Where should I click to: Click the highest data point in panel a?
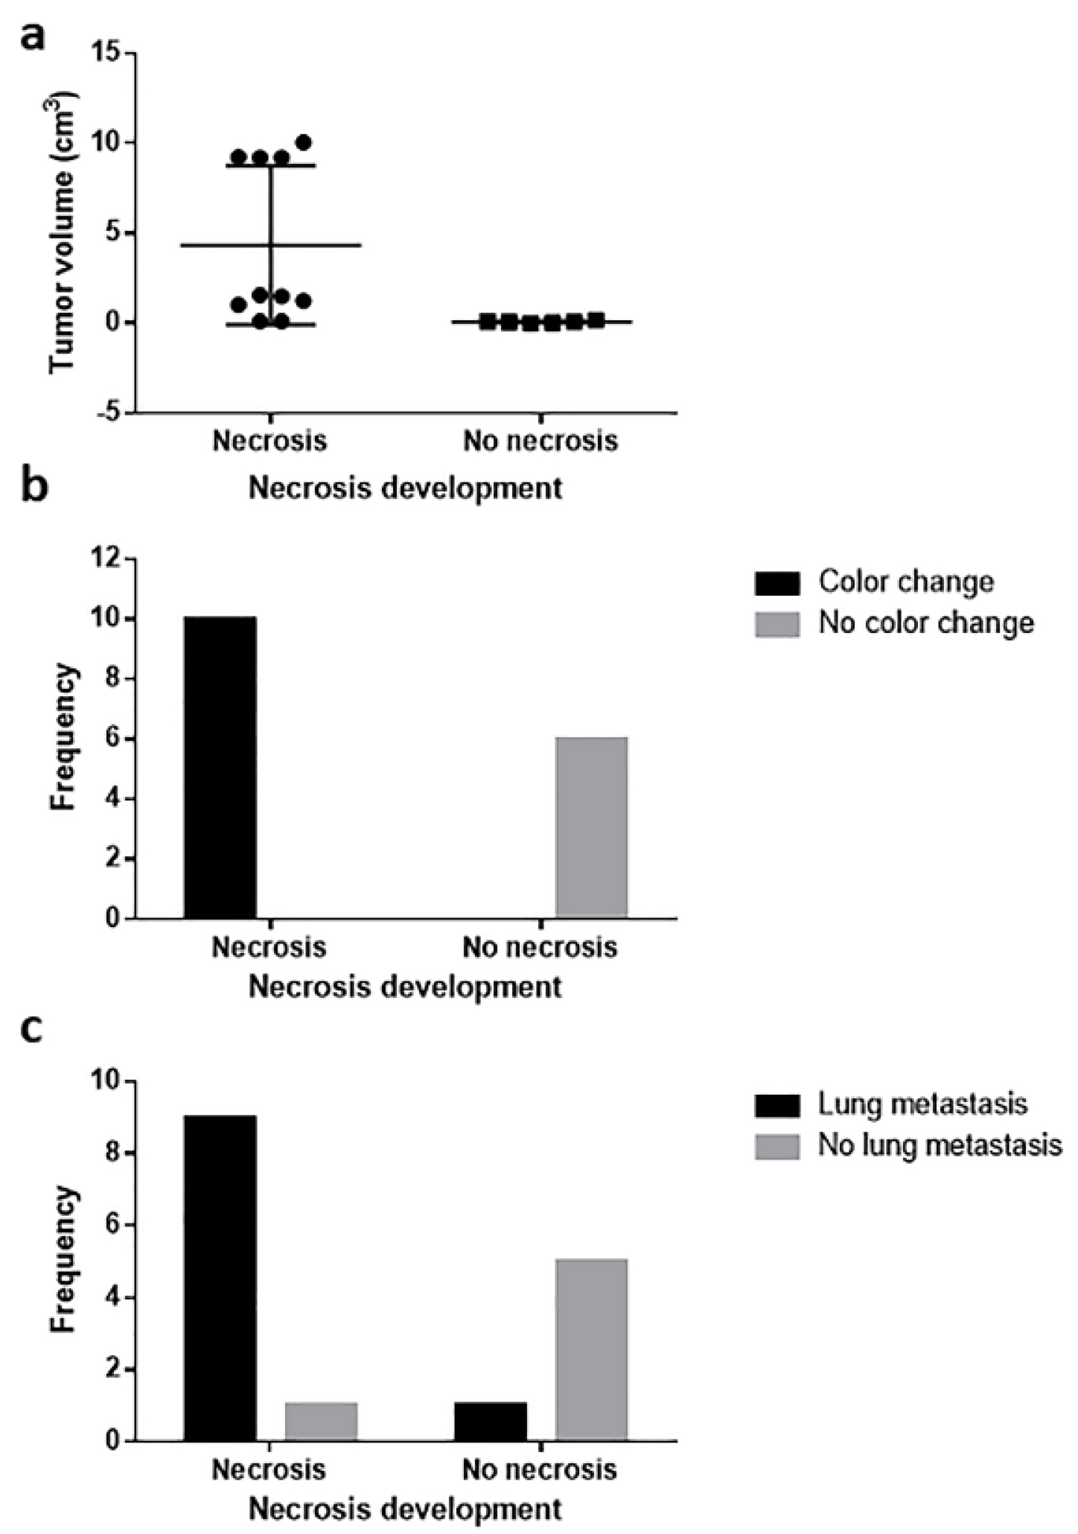(304, 142)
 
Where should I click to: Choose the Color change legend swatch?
(777, 583)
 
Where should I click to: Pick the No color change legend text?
(927, 623)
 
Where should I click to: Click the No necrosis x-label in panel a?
(540, 441)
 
